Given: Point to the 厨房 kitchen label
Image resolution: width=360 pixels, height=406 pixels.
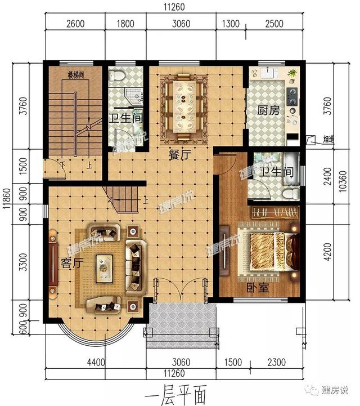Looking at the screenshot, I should [x=268, y=110].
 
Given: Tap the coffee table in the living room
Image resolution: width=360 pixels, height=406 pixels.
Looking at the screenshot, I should [x=104, y=267].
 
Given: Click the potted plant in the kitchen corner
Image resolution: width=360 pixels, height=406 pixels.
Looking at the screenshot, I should [x=292, y=74].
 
